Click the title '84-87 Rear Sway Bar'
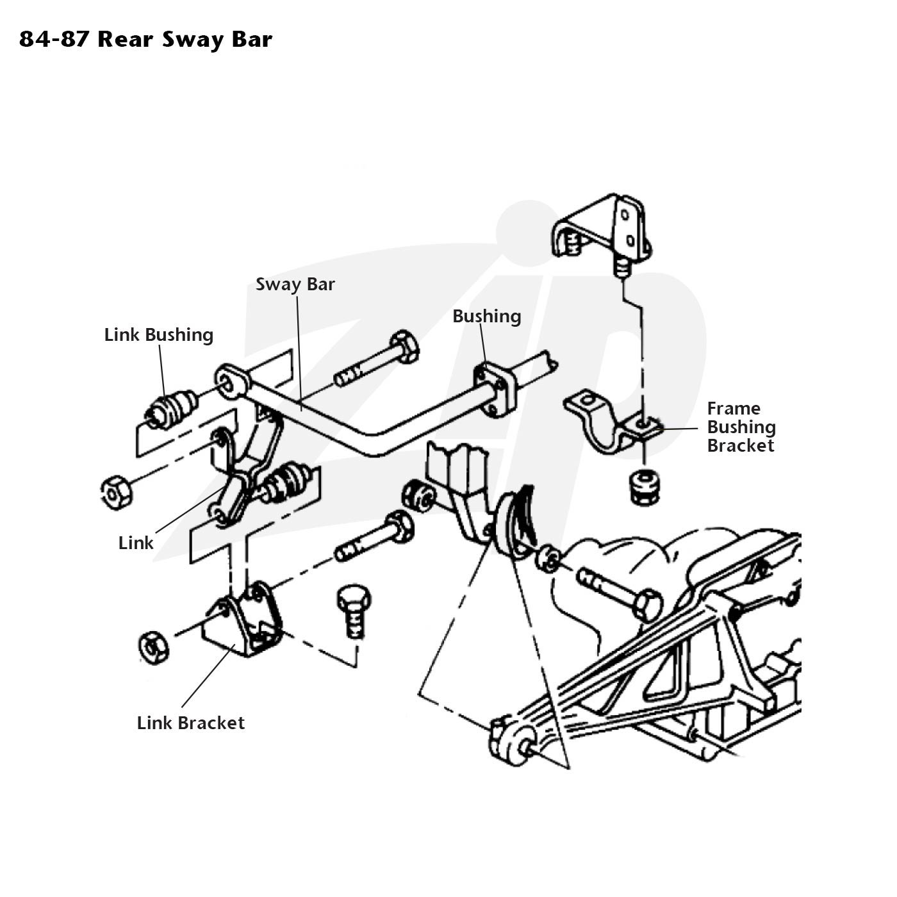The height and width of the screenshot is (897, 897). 145,40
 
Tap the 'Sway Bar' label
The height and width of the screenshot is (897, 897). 295,284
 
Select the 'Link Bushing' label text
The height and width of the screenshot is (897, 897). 159,334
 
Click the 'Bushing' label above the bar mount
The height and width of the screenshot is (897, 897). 486,317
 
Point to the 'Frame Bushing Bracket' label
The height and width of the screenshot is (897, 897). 741,427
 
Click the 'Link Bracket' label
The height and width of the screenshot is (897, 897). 190,723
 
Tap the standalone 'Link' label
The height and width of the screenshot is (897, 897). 135,543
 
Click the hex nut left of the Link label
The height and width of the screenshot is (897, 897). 117,492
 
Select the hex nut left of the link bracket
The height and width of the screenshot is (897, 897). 154,647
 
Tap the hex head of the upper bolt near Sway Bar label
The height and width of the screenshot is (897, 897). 404,347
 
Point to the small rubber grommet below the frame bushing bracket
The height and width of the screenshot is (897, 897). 645,488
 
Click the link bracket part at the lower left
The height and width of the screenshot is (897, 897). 242,619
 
